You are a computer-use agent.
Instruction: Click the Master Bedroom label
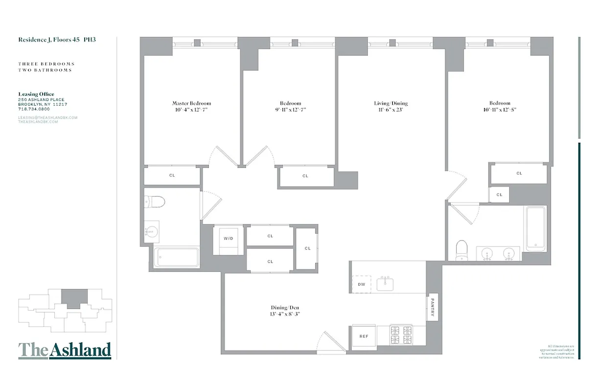[191, 103]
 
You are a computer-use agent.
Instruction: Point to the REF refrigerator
[364, 337]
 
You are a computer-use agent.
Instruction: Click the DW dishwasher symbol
[362, 284]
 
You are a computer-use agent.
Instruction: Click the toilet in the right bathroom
[461, 249]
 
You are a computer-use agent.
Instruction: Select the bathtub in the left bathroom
[177, 257]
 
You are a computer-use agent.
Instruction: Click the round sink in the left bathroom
[152, 231]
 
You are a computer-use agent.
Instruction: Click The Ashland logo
[65, 350]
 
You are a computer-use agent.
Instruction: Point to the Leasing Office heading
[36, 94]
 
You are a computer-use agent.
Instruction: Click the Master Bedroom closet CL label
[172, 175]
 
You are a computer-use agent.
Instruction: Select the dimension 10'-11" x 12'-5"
[499, 110]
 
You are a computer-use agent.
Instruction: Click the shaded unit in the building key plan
[74, 298]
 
